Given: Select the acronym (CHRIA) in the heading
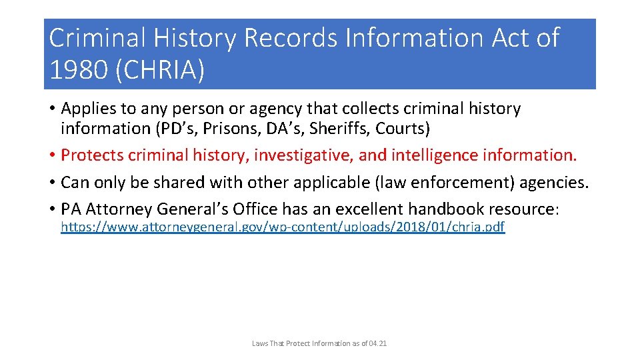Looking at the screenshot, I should pos(160,69).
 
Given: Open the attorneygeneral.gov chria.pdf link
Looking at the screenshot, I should pos(283,227).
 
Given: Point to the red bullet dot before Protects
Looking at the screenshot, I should pos(52,155).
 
